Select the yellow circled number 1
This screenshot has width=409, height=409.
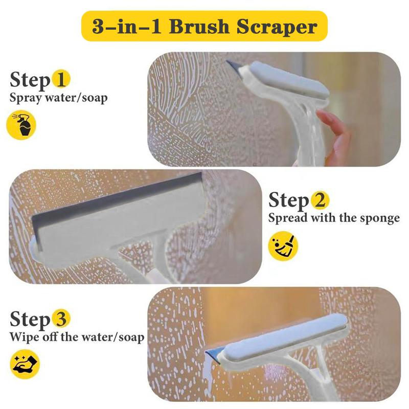pyautogui.click(x=60, y=80)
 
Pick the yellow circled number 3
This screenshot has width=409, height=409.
pyautogui.click(x=60, y=320)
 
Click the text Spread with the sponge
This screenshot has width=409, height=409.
pyautogui.click(x=334, y=218)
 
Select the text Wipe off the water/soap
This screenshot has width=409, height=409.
pyautogui.click(x=77, y=337)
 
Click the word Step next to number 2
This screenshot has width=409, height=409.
pyautogui.click(x=288, y=200)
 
